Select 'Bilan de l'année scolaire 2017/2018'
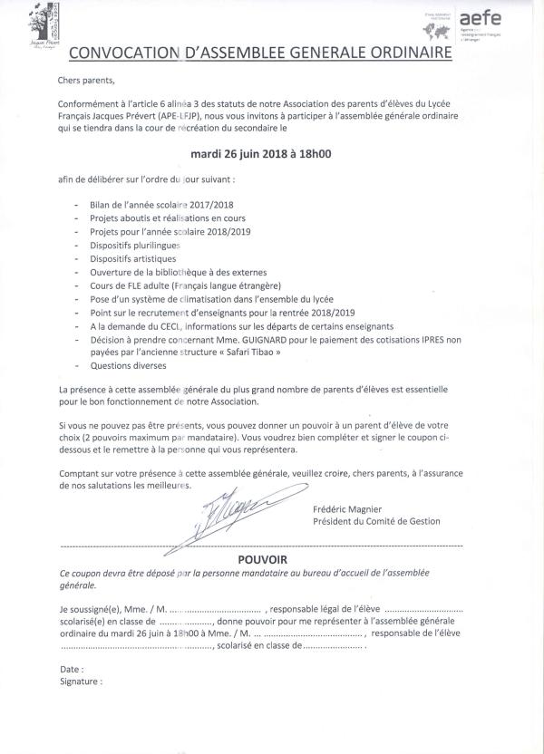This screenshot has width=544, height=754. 161,206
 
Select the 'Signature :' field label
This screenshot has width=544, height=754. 80,680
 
